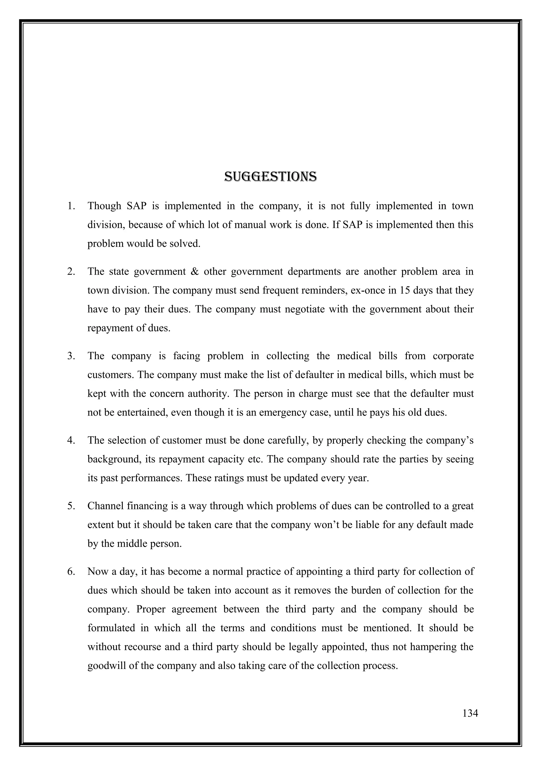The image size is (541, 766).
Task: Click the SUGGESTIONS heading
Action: tap(270, 177)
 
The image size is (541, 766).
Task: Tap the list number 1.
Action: tap(71, 206)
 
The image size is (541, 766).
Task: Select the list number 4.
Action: tap(71, 440)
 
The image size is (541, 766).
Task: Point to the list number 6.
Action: tap(71, 571)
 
